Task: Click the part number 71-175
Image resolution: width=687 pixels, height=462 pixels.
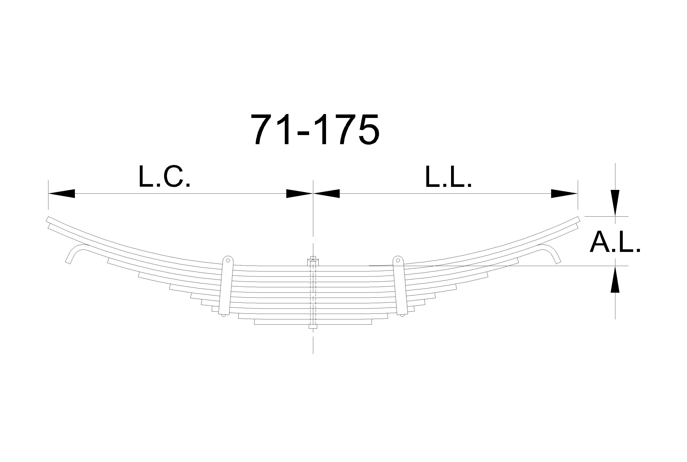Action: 315,129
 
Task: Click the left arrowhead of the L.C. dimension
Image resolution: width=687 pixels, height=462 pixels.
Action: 61,194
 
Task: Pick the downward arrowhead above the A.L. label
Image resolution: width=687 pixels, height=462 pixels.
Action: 615,203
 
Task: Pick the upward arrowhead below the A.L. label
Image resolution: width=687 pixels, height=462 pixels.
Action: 615,279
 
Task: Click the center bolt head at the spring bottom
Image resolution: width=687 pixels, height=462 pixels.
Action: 313,327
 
